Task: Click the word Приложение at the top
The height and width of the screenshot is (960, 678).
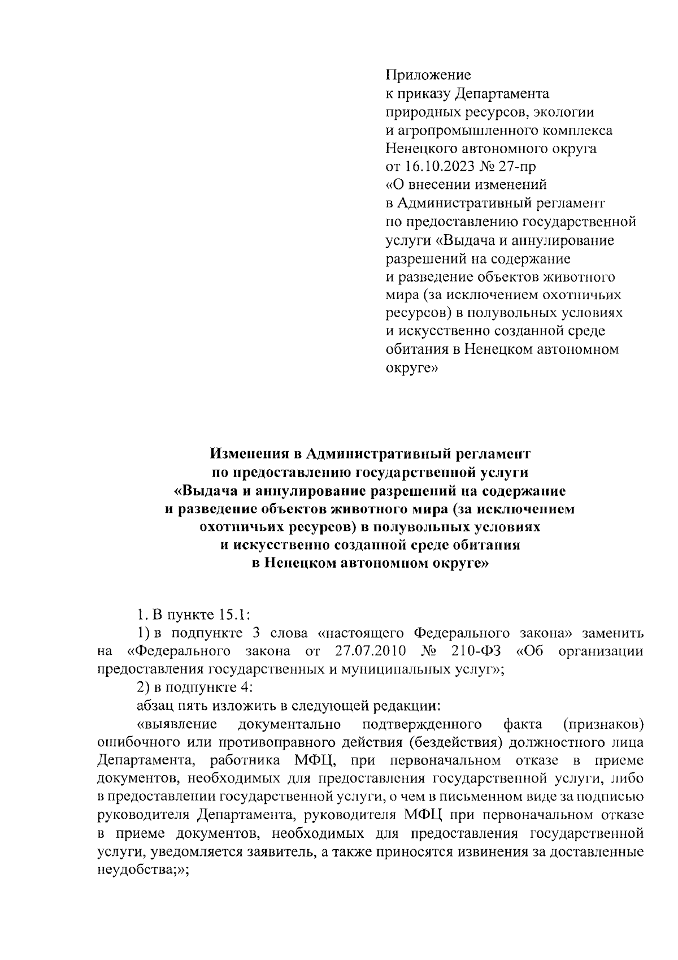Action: pyautogui.click(x=428, y=75)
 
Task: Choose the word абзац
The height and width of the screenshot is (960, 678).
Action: pyautogui.click(x=154, y=706)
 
